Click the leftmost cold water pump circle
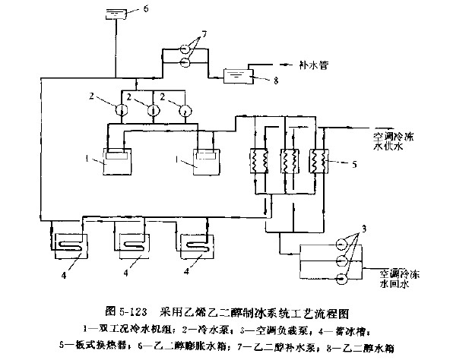click(124, 109)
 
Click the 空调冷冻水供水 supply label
click(392, 142)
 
